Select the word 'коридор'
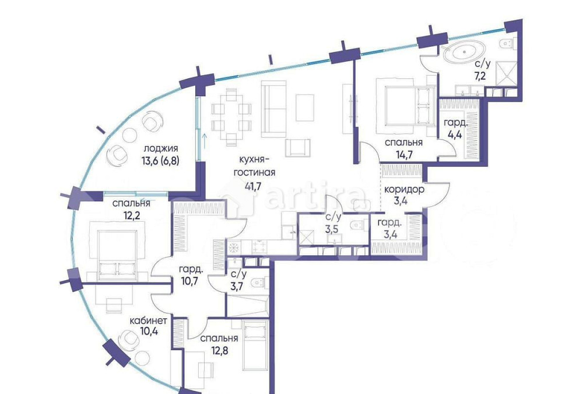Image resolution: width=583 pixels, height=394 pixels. [x=404, y=190]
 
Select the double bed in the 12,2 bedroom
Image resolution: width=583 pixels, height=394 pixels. [x=117, y=252]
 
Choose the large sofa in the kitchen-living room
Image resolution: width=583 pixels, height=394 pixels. [x=273, y=109]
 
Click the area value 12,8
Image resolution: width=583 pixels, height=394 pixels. [x=219, y=350]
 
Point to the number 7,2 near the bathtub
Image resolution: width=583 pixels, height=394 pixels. [x=480, y=76]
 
